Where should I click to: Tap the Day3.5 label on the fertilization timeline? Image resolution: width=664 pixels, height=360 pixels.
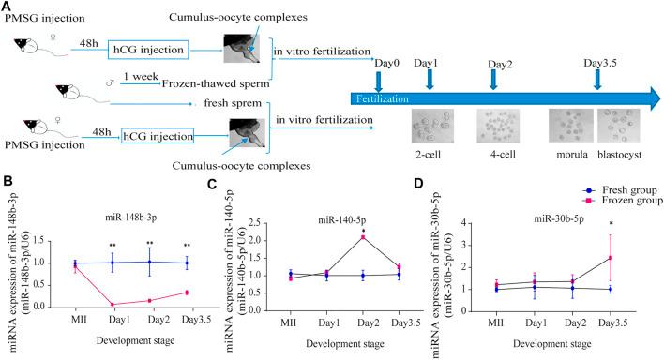[599, 63]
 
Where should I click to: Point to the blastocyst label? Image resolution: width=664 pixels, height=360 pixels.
[625, 153]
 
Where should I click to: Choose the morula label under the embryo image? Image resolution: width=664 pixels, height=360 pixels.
[567, 153]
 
